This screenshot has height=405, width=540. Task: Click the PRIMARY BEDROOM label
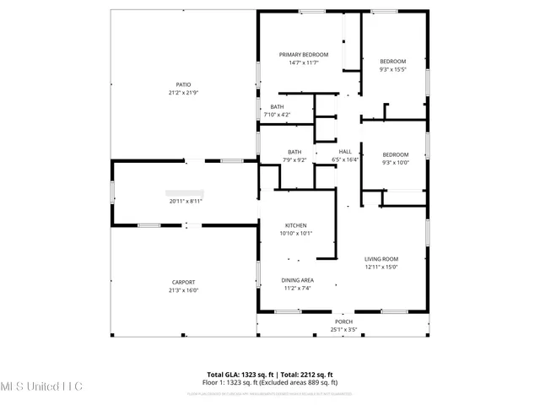pos(304,54)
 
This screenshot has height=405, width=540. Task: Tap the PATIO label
pos(183,84)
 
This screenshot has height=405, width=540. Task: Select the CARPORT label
pos(183,282)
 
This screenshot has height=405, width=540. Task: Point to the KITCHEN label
pos(295,225)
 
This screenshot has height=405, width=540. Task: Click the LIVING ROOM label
pos(381,259)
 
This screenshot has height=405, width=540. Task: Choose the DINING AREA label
pos(297,280)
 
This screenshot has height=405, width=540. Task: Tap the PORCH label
pos(344,321)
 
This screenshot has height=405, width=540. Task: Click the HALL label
pos(345,152)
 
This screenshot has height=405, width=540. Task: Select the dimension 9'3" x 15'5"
pos(393,69)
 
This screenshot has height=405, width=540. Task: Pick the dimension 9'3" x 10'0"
pos(395,163)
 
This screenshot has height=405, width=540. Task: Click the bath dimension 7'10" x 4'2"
pos(277,115)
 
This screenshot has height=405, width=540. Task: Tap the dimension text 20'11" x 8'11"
pos(186,201)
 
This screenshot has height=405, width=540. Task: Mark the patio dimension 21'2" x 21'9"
pos(183,93)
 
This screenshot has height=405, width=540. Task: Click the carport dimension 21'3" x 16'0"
pos(183,290)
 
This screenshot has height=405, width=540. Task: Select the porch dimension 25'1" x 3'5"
pos(344,329)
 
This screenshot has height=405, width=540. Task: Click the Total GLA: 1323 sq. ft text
pos(238,374)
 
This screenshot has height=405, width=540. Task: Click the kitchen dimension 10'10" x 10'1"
pos(295,234)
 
